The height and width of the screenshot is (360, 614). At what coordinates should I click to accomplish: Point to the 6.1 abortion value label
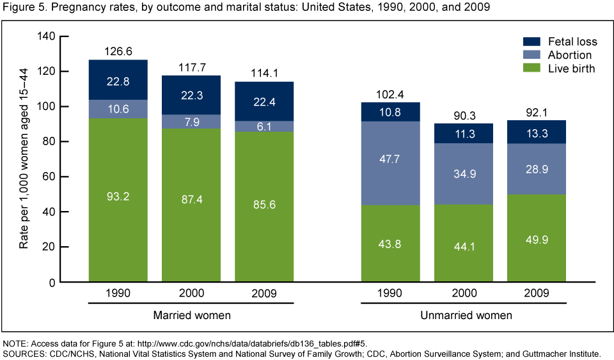click(x=264, y=127)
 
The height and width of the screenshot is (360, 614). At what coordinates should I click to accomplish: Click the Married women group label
click(x=191, y=315)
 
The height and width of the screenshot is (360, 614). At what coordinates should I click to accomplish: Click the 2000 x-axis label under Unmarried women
click(x=464, y=294)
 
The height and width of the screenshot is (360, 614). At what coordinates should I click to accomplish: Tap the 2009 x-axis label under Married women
click(x=264, y=294)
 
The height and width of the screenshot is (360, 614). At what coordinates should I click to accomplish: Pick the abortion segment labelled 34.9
click(x=464, y=173)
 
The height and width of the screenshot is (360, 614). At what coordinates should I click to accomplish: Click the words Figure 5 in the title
click(x=22, y=7)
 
